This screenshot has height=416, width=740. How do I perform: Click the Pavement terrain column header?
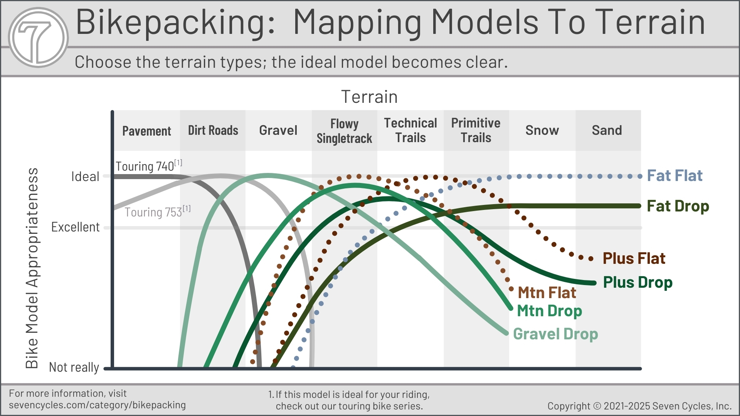pos(146,131)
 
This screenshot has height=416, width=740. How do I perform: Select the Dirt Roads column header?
pos(213,130)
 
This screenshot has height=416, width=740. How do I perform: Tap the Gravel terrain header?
pos(278,130)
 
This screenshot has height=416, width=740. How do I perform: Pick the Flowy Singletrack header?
pos(345,131)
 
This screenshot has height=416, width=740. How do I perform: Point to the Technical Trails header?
pos(410,130)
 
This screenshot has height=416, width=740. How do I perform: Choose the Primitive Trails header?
pos(476,130)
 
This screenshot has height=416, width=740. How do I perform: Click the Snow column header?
pos(542,130)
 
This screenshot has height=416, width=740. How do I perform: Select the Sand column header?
pos(607,130)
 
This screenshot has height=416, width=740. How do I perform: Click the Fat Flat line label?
pos(675,176)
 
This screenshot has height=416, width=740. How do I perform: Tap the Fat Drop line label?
pos(678,206)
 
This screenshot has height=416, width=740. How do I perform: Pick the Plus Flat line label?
pos(634,258)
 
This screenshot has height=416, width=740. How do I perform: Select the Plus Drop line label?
pos(638,282)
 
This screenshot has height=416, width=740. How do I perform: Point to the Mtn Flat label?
pos(547,293)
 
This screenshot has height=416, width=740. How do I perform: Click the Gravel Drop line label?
pos(555,334)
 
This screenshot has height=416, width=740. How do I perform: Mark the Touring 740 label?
pos(149,166)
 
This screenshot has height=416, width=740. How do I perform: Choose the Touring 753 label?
pos(157,211)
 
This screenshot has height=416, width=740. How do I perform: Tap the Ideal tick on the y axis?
pos(85,176)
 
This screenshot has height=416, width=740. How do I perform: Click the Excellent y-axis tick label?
pos(76,227)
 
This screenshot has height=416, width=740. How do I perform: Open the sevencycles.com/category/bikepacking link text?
pos(97,405)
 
